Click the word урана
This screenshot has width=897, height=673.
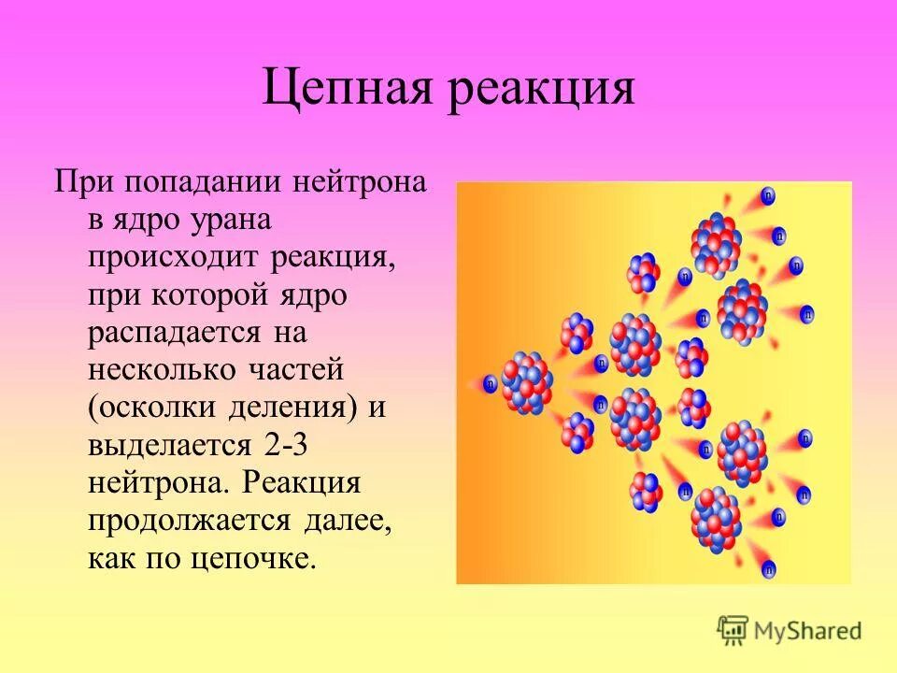233,220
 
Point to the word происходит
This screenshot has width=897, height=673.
176,257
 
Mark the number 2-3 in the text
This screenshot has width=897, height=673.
285,446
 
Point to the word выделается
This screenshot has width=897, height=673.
170,446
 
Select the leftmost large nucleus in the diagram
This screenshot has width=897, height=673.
526,381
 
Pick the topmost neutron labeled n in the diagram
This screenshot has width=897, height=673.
768,195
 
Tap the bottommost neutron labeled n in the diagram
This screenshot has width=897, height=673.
768,566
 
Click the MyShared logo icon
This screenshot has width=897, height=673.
733,630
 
